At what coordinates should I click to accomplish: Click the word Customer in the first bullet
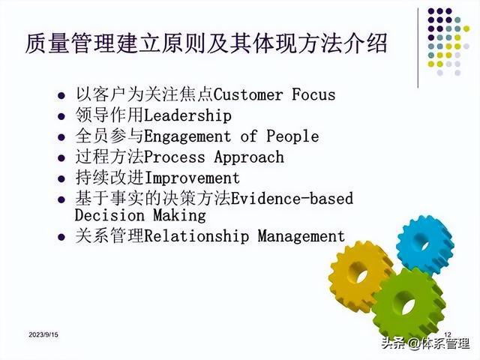click(x=248, y=94)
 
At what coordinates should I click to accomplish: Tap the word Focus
click(x=313, y=94)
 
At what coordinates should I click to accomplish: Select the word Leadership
click(x=187, y=115)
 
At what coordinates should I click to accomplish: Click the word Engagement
click(x=187, y=136)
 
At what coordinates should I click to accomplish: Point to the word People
click(x=292, y=136)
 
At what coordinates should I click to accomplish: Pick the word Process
click(x=175, y=157)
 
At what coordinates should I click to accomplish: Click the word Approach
click(x=249, y=157)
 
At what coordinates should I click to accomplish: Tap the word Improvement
click(x=192, y=178)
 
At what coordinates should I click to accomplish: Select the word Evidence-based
click(x=292, y=198)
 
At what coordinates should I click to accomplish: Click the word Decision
click(x=109, y=215)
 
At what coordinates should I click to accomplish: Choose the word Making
click(x=179, y=215)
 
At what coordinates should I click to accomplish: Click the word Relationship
click(x=196, y=237)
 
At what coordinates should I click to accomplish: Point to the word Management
click(x=301, y=237)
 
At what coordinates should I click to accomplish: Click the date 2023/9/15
click(x=43, y=334)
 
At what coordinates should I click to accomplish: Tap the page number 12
click(x=448, y=334)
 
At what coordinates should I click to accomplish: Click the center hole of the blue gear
click(x=425, y=246)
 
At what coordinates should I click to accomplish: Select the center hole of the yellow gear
click(x=361, y=276)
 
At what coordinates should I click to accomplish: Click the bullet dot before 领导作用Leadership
click(x=61, y=116)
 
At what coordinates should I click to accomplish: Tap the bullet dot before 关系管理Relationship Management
click(x=61, y=237)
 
